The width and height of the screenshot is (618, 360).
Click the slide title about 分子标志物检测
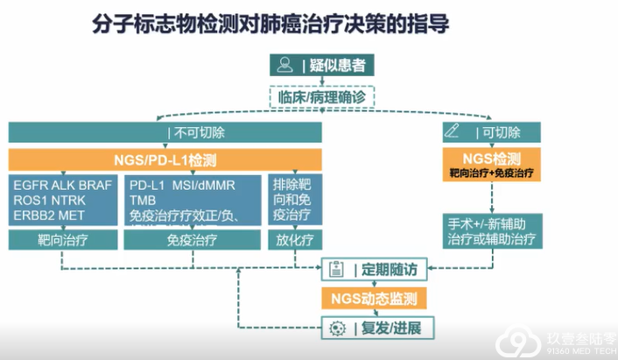tap(270, 23)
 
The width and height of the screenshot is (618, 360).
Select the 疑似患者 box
tap(319, 64)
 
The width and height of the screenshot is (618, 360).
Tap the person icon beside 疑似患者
tap(284, 64)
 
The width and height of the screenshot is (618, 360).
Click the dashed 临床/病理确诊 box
tap(319, 96)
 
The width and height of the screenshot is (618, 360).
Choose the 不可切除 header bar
tap(165, 134)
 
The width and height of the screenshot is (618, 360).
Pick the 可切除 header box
tap(490, 134)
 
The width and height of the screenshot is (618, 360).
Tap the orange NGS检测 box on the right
tap(490, 164)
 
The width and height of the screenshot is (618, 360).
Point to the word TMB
tap(143, 201)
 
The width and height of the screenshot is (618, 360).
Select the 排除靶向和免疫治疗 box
tap(291, 201)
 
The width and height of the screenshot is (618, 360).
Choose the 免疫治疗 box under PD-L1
tap(191, 239)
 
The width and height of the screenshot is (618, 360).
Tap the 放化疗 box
tap(291, 239)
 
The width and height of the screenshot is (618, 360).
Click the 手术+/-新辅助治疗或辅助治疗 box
tap(490, 229)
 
